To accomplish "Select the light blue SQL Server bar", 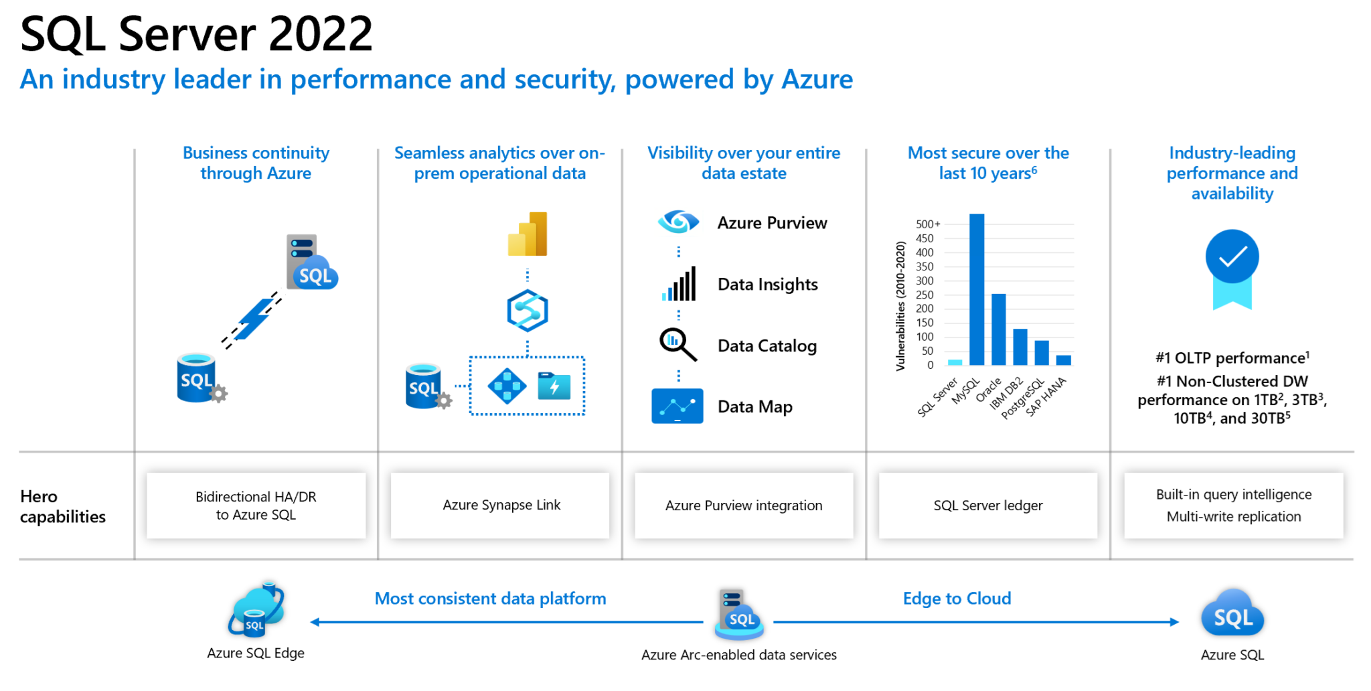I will pos(955,362).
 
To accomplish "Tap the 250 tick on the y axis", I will pos(924,295).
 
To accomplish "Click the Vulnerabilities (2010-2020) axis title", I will pos(900,305).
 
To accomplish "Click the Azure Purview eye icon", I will pos(678,222).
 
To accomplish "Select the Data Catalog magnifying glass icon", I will pos(677,344).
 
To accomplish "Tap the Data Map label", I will pos(754,406).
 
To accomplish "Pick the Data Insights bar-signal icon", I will pos(679,284).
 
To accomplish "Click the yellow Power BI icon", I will pos(528,234).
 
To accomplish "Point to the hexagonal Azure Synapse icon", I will pos(528,311).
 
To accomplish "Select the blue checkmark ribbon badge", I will pos(1232,268).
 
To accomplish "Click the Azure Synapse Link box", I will pos(500,506).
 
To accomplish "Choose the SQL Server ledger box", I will pos(988,506).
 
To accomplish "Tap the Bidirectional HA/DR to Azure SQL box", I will pos(256,506).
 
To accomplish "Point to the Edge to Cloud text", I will pos(957,598).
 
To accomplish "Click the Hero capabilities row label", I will pos(62,506).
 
